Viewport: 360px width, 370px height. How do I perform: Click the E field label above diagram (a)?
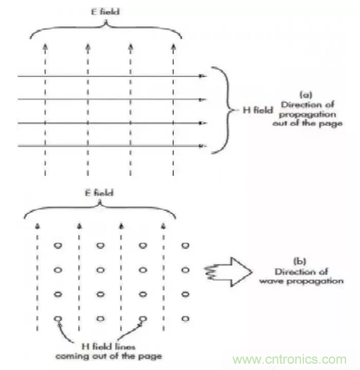point(105,12)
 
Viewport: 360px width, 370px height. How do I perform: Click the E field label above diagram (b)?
point(99,193)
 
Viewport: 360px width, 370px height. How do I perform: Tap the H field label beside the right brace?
point(258,110)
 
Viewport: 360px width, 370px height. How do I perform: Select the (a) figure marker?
point(306,95)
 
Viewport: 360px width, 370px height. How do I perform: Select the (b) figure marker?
point(300,261)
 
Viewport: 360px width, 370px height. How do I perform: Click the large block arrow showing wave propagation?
point(228,272)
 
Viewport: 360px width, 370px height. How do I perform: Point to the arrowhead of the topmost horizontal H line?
point(202,76)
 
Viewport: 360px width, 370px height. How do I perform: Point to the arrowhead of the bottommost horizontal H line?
point(202,147)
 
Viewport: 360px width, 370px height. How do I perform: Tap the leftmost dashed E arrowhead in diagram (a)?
point(46,47)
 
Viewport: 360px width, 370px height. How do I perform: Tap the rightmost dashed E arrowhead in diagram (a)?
point(173,47)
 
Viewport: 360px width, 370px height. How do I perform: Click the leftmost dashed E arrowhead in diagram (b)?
point(37,226)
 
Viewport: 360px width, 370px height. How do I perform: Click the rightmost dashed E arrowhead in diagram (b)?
point(163,226)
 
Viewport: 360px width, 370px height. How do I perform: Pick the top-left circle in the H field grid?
point(58,246)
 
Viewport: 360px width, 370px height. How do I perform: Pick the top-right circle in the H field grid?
point(186,246)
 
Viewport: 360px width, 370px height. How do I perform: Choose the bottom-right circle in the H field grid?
point(186,319)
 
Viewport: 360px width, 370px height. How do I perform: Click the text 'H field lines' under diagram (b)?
point(109,346)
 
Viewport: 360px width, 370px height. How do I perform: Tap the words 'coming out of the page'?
point(109,356)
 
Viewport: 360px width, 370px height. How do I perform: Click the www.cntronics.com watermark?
point(289,360)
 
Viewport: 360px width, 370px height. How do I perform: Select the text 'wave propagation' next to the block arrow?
point(301,281)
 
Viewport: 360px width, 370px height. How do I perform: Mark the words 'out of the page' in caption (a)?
point(307,123)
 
